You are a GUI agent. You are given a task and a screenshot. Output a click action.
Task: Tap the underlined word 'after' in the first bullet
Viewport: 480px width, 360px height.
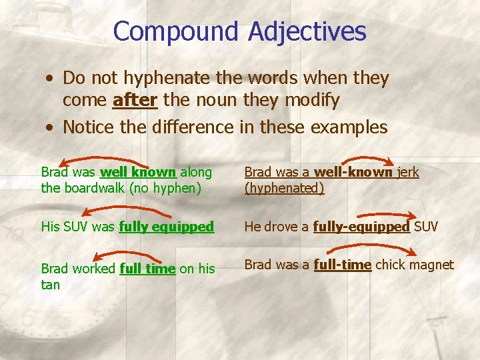tap(135, 101)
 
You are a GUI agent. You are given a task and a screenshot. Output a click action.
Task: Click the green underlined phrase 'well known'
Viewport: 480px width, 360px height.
tap(138, 172)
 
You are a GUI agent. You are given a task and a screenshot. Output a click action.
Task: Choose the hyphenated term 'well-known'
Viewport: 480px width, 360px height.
tap(353, 172)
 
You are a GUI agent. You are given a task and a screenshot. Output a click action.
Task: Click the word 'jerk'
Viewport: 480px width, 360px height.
tap(408, 172)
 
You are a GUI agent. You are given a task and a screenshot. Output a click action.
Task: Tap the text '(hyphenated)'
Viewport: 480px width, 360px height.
tap(284, 188)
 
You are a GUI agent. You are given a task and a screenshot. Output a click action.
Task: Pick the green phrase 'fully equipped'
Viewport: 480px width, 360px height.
tap(166, 227)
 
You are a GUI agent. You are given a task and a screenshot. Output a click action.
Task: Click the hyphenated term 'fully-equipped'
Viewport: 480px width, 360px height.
tap(361, 227)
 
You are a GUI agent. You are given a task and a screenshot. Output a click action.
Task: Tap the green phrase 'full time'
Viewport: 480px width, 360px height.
tap(147, 269)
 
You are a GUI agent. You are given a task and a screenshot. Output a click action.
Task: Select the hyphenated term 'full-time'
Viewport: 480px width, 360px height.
tap(342, 265)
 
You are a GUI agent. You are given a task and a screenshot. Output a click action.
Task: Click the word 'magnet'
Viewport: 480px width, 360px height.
tap(431, 265)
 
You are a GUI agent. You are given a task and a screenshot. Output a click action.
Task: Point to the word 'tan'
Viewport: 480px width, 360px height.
tap(50, 285)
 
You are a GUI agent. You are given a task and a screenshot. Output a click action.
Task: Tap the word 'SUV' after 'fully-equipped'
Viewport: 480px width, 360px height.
tap(426, 227)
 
